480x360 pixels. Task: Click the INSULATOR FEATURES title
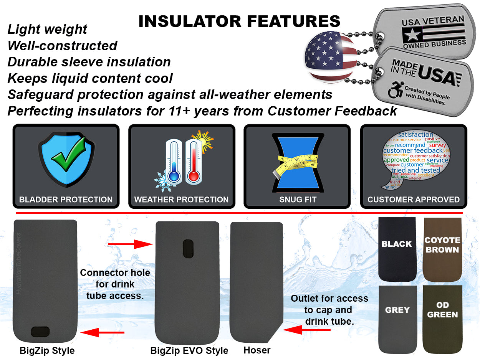239,21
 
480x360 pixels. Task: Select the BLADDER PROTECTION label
66,200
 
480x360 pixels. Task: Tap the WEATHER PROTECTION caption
181,200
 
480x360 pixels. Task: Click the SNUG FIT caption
298,200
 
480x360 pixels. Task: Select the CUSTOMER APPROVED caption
414,200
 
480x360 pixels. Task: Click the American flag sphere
331,58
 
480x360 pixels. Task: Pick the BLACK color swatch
397,248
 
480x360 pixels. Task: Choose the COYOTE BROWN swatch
442,249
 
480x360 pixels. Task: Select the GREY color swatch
397,319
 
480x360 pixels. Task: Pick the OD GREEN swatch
442,319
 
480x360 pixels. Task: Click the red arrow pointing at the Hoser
306,329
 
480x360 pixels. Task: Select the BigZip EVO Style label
189,350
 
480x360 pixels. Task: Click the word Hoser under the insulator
257,350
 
